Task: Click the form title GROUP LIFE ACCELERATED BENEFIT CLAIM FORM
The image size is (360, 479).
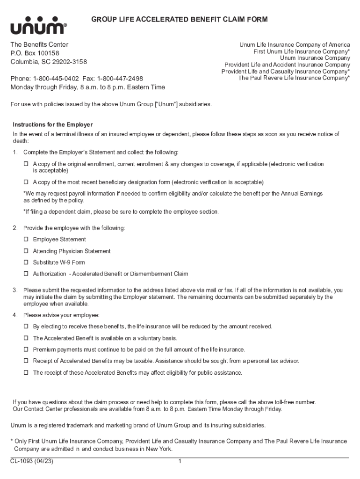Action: pyautogui.click(x=179, y=19)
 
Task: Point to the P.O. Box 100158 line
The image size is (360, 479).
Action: pyautogui.click(x=35, y=53)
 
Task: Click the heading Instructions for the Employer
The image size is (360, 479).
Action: pyautogui.click(x=53, y=125)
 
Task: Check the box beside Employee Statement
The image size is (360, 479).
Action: pyautogui.click(x=26, y=239)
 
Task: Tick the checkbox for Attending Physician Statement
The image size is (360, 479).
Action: pyautogui.click(x=26, y=251)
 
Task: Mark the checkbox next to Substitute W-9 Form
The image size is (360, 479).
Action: pyautogui.click(x=26, y=262)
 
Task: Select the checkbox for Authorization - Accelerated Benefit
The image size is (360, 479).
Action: pyautogui.click(x=26, y=274)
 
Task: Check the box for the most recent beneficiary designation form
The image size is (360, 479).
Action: pyautogui.click(x=26, y=182)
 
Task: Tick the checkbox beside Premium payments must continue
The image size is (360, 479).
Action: pyautogui.click(x=26, y=349)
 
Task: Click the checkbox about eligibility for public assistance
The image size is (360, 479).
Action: pyautogui.click(x=26, y=373)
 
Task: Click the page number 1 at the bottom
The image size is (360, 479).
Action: pyautogui.click(x=180, y=462)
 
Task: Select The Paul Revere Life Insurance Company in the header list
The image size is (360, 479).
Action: pyautogui.click(x=294, y=78)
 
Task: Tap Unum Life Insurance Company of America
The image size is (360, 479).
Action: pyautogui.click(x=295, y=45)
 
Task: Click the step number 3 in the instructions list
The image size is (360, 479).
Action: pyautogui.click(x=15, y=290)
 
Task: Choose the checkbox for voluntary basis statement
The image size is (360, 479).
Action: pyautogui.click(x=26, y=338)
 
